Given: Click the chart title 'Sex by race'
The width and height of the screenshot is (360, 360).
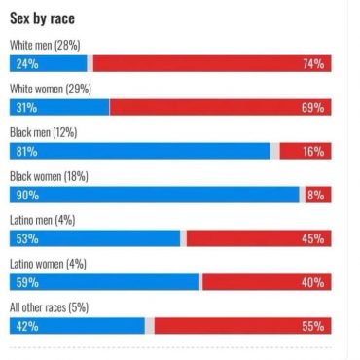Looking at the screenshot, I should coord(43,18).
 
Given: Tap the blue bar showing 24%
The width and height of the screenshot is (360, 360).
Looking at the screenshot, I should coord(48,63).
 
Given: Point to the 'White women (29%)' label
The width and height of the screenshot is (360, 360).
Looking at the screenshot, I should coord(50,89).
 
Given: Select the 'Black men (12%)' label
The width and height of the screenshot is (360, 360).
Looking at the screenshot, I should coord(43,132).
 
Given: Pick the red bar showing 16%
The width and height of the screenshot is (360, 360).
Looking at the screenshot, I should coord(305,151).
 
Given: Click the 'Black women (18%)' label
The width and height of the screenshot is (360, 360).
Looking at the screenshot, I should coord(48,176).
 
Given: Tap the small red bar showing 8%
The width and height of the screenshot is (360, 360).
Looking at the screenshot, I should coord(317,195).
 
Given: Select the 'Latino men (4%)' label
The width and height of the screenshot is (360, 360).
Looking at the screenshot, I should coord(42,220).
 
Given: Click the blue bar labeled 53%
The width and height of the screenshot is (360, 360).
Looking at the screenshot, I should coord(94,238).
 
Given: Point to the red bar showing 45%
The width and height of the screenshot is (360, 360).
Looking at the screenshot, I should coord(259,238).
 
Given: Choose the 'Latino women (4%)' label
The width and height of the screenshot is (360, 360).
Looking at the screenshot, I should coord(48,264).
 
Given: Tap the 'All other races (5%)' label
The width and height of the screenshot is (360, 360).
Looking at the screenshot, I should coord(49,307).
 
